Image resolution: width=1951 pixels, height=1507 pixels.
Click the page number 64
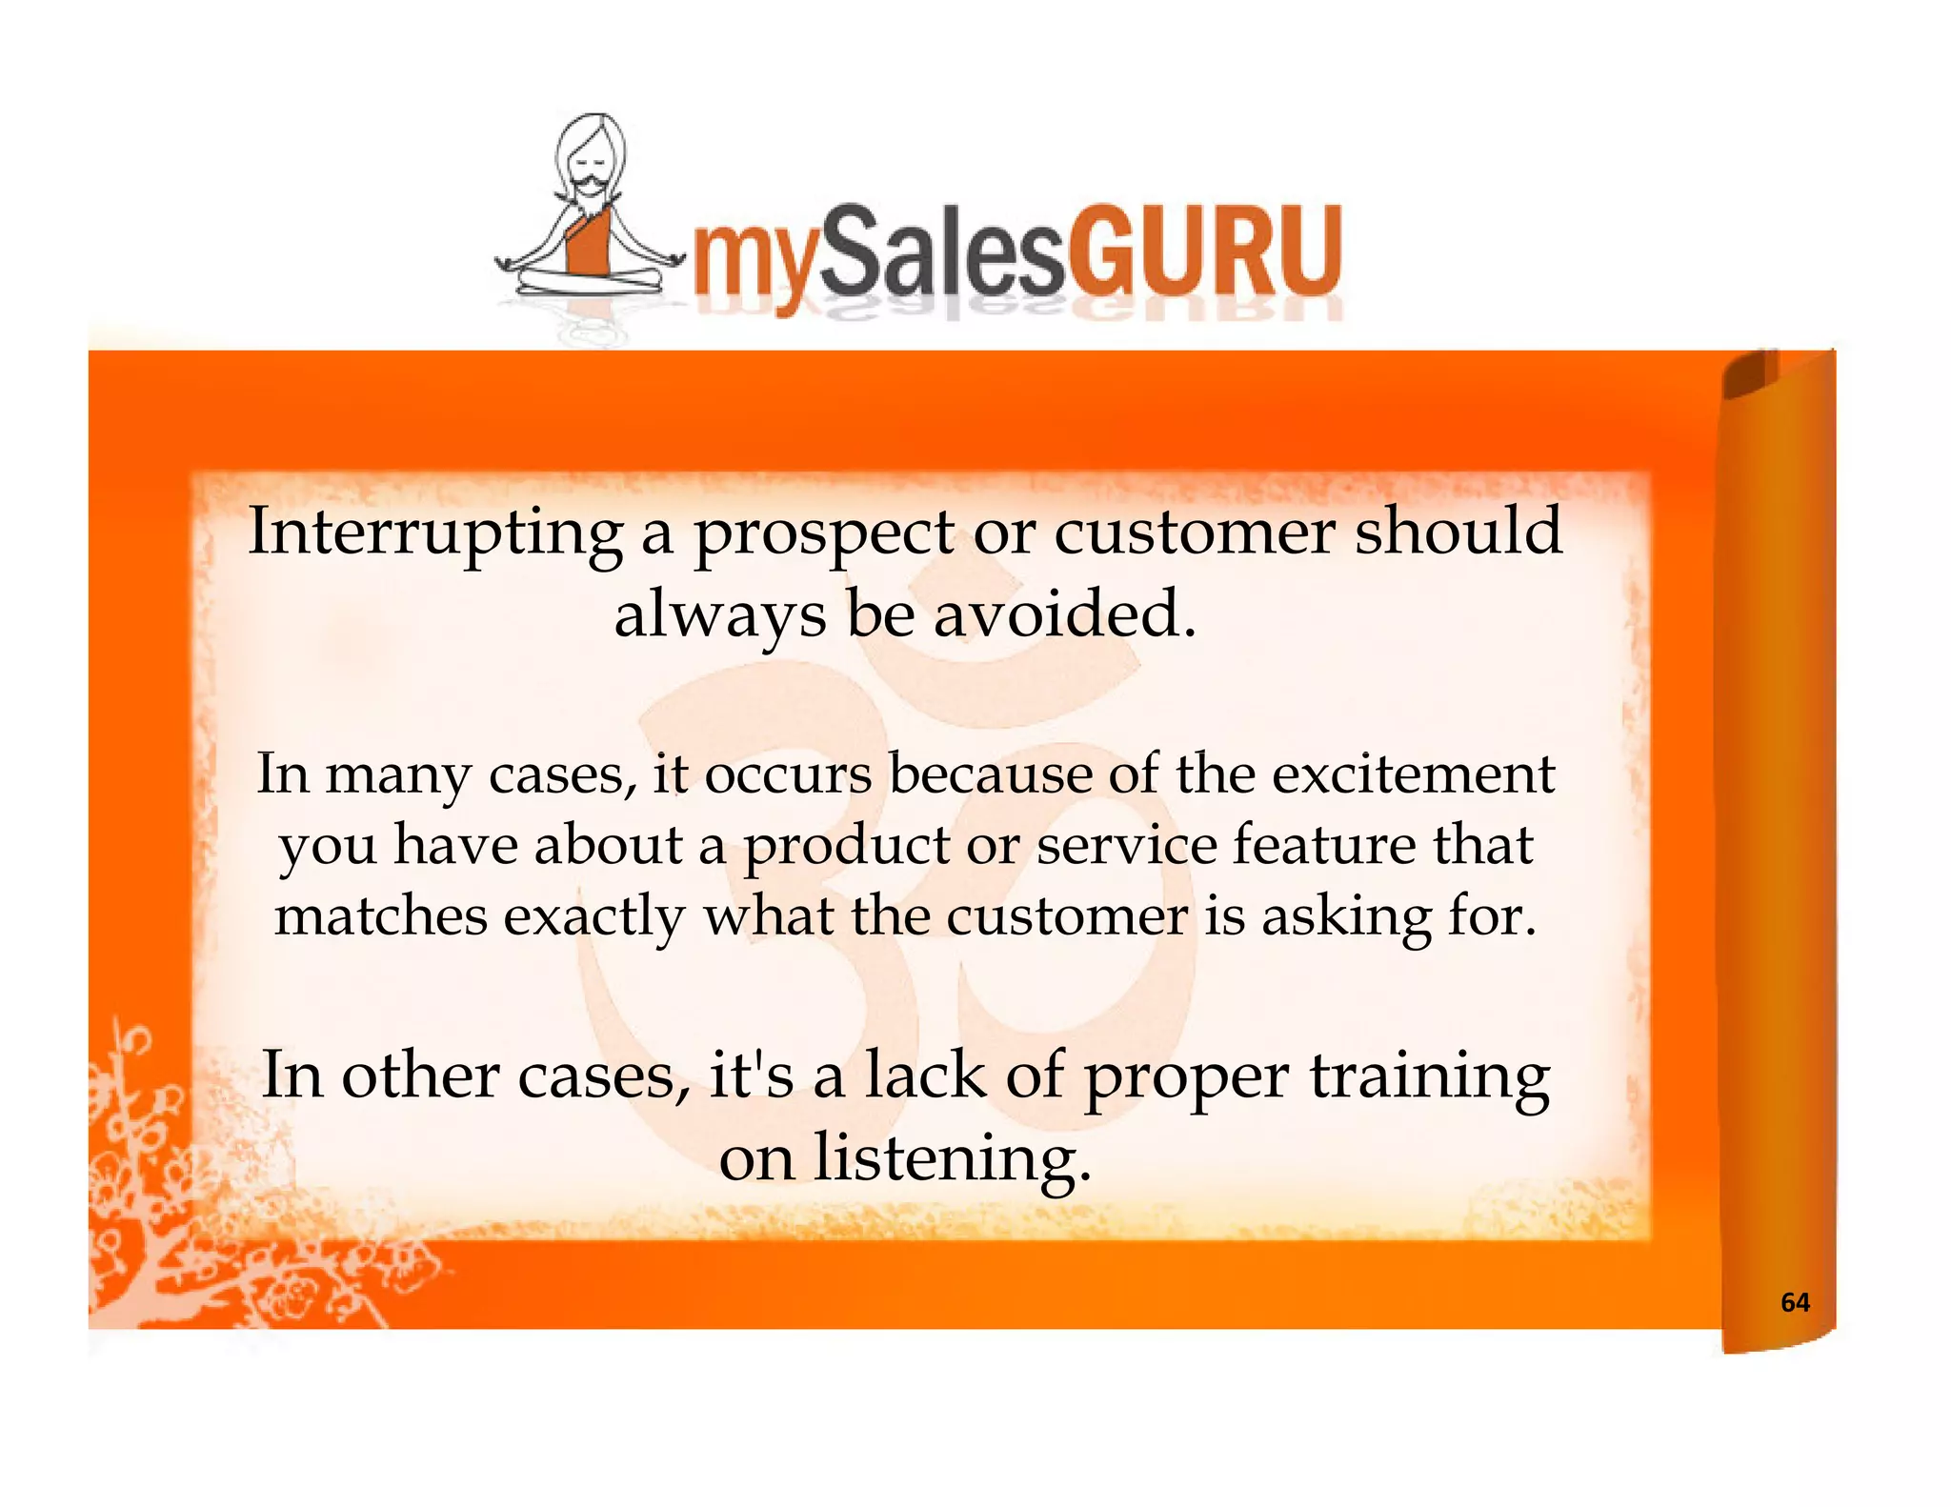coord(1795,1302)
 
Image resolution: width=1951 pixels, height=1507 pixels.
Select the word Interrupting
coord(434,533)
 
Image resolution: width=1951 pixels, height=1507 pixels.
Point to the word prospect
coord(823,535)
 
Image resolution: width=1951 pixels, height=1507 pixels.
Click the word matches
coord(380,916)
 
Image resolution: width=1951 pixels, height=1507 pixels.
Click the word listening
coord(952,1160)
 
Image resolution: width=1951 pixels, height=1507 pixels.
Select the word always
coord(719,616)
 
